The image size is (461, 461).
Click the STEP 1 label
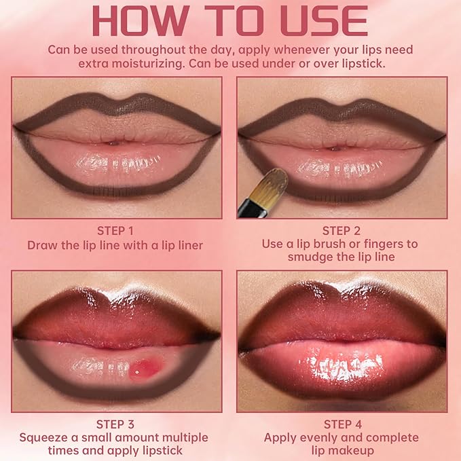point(115,231)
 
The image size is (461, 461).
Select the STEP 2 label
point(341,231)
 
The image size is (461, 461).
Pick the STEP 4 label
point(341,424)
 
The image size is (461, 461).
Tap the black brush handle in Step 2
point(246,205)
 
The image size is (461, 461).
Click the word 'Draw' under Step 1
point(41,244)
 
